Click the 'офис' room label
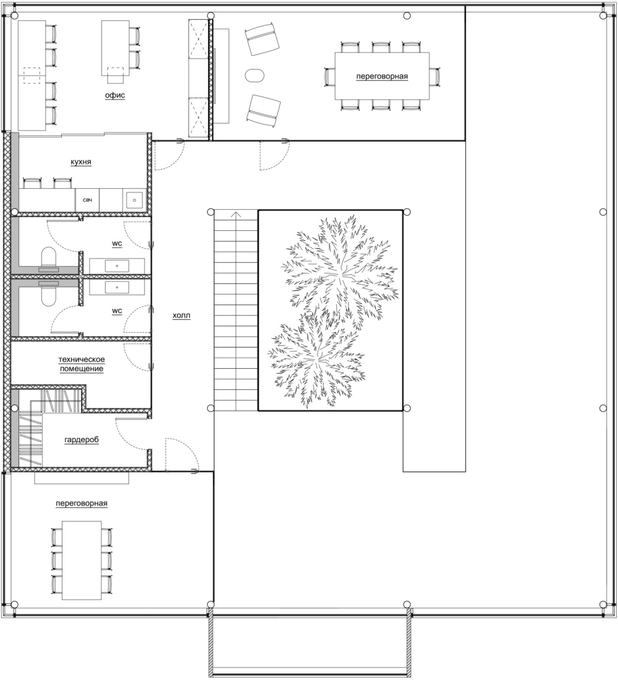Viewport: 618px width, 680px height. pos(115,95)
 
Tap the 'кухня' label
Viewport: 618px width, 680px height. pos(81,161)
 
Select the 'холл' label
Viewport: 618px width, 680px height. pos(182,316)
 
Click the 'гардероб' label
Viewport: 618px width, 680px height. pos(82,440)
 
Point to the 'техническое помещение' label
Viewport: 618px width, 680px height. pos(82,364)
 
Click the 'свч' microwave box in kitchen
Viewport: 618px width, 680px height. pos(88,200)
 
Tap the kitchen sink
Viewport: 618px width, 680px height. pos(135,200)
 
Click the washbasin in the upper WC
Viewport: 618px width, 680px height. pos(117,265)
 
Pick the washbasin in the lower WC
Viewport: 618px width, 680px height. pos(117,286)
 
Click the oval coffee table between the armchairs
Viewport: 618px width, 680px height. pos(255,75)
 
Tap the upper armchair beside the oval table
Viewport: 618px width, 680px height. pos(262,40)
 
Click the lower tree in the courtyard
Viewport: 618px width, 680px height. pos(317,361)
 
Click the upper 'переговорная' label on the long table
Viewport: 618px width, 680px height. pos(382,76)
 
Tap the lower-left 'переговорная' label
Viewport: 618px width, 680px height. pos(82,504)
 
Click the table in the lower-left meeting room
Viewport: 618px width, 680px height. pos(82,561)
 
